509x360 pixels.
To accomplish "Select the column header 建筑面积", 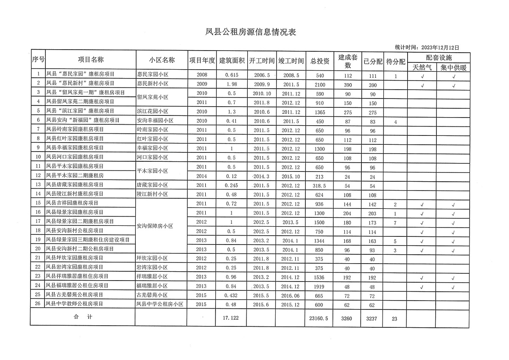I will [x=232, y=60].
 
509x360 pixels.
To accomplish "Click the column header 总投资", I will [x=320, y=60].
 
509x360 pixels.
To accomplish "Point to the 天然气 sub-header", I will [x=422, y=67].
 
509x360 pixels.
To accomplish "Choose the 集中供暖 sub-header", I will [x=453, y=67].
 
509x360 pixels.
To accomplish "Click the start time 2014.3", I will [x=260, y=176].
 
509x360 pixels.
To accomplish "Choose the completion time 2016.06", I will [x=291, y=295].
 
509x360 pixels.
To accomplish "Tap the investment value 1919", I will [x=320, y=286].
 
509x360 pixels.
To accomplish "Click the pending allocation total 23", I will [x=394, y=318].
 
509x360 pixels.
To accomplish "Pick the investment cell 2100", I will [x=320, y=84].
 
